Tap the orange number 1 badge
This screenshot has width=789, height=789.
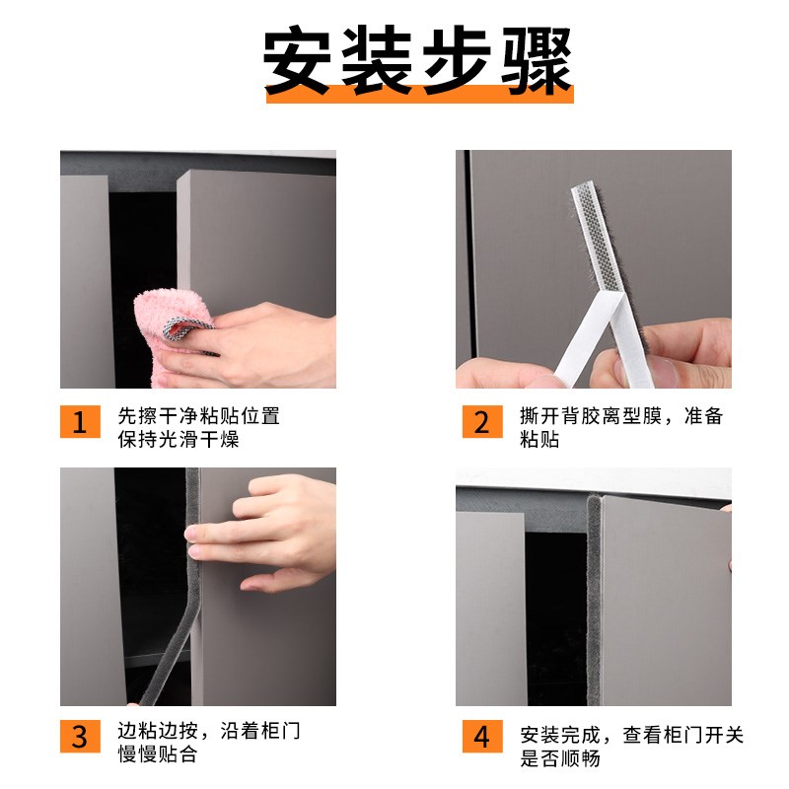[80, 421]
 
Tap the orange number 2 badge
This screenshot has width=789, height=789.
[481, 421]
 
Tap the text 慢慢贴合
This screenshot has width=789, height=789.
[158, 754]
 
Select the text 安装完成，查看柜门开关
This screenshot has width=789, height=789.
[632, 734]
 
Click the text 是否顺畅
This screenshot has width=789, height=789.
[559, 757]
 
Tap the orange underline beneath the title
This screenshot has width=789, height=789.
[418, 96]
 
